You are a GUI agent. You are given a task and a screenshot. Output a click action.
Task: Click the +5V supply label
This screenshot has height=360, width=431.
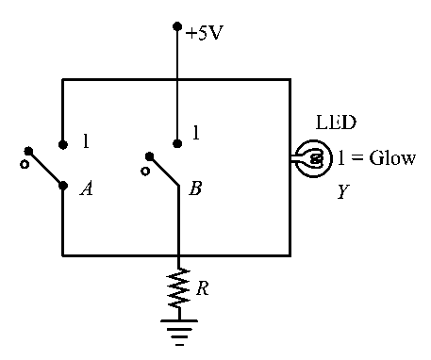[x=204, y=33]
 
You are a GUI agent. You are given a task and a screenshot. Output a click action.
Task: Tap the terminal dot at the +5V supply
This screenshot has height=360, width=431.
[x=177, y=26]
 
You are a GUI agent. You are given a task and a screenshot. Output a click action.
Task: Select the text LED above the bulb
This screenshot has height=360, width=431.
[x=336, y=123]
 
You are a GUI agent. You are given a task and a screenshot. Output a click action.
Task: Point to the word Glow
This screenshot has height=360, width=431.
[x=392, y=157]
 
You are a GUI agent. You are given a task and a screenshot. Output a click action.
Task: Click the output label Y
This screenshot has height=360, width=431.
[x=343, y=191]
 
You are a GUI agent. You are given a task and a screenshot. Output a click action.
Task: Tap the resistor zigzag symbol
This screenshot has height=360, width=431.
[x=179, y=288]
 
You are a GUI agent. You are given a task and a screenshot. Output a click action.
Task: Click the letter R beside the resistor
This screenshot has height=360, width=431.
[x=203, y=287]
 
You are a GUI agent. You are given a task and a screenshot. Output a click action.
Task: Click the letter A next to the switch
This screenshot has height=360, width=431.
[x=87, y=188]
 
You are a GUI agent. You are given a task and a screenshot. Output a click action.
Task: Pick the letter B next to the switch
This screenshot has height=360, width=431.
[x=195, y=188]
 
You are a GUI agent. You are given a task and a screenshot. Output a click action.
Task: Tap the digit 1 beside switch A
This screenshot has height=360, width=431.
[x=86, y=140]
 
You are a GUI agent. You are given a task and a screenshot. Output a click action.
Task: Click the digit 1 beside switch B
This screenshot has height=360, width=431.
[x=196, y=132]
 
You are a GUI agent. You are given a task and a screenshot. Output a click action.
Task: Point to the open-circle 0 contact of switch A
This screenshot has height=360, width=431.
[x=25, y=164]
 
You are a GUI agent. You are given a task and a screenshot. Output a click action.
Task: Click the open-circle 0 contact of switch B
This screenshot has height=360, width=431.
[x=145, y=172]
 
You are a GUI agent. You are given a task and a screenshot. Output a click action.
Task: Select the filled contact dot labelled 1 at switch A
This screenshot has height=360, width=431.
[x=63, y=144]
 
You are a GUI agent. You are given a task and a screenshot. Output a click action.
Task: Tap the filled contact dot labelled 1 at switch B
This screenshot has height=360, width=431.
[x=177, y=144]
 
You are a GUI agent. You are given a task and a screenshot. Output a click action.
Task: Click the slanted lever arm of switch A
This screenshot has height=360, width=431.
[x=46, y=169]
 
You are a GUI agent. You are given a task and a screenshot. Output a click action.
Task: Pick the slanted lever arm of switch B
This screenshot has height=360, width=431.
[x=164, y=171]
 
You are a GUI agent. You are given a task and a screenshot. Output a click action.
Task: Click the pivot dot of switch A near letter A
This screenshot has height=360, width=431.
[x=63, y=186]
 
